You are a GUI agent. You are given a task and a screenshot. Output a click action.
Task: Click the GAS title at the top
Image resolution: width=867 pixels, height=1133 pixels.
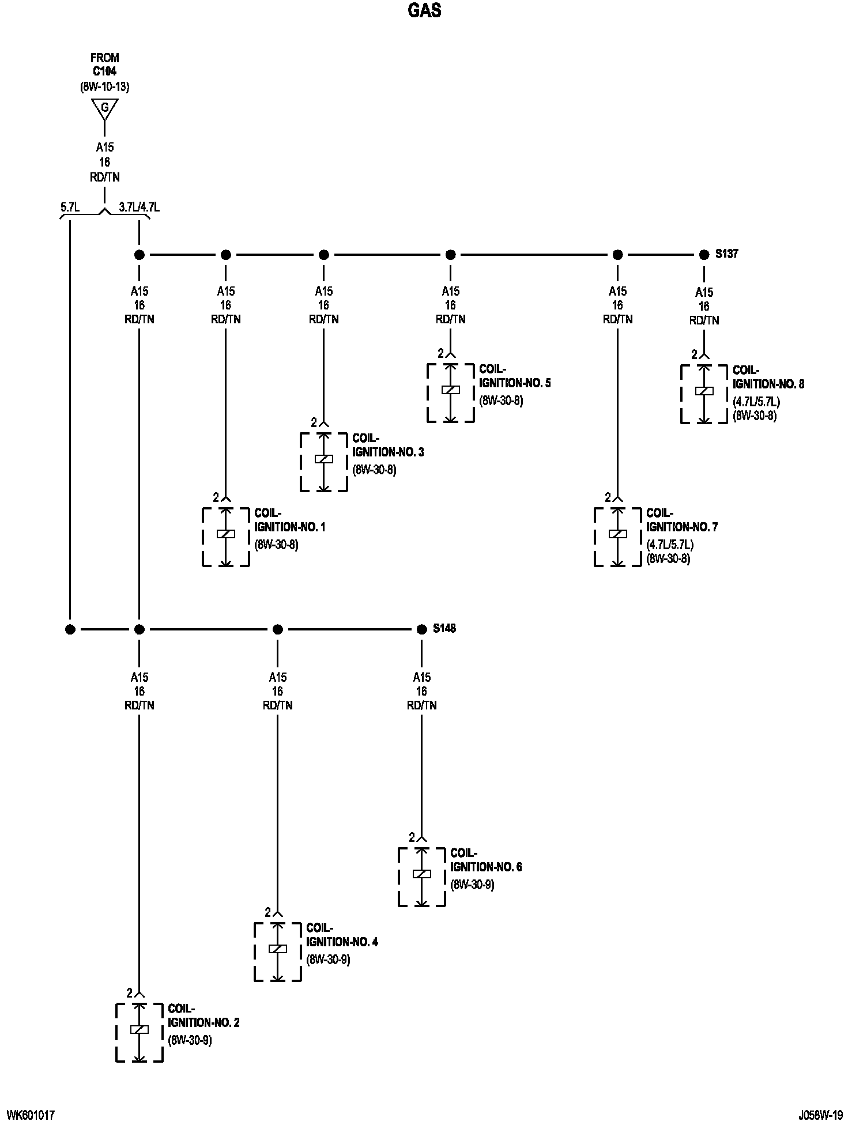click(x=425, y=11)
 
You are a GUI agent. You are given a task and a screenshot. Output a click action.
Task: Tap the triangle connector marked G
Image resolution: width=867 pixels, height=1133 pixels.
click(x=104, y=108)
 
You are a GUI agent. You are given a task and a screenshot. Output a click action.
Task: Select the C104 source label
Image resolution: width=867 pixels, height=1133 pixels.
click(x=104, y=73)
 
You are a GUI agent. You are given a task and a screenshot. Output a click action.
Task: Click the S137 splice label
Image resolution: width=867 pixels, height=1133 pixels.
click(x=726, y=254)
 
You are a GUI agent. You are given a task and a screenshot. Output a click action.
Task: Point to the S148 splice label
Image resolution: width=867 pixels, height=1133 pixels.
click(x=444, y=628)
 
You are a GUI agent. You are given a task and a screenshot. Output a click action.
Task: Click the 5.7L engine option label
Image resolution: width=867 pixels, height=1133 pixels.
click(x=70, y=207)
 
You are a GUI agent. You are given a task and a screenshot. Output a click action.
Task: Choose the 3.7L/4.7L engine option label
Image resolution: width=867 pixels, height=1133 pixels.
click(x=139, y=207)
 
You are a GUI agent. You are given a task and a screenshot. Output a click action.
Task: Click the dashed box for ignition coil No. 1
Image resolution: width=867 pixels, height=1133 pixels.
click(x=225, y=537)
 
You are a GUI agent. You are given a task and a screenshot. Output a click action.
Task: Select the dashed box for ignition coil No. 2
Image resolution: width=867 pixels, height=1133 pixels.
click(x=139, y=1032)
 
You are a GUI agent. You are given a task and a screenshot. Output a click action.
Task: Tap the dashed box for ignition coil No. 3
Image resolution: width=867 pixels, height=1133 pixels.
click(x=323, y=462)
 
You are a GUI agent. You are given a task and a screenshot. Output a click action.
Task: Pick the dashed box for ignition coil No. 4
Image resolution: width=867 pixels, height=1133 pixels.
click(x=277, y=951)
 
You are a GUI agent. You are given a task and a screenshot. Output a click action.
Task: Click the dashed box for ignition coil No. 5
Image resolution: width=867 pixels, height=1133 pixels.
click(x=450, y=392)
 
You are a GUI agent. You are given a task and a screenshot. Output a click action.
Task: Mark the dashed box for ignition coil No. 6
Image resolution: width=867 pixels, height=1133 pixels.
click(x=421, y=877)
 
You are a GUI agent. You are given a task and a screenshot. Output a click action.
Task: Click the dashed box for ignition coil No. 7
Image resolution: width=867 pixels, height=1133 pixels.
click(x=617, y=537)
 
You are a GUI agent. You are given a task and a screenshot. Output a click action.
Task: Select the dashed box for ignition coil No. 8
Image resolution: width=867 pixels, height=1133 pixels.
click(x=704, y=394)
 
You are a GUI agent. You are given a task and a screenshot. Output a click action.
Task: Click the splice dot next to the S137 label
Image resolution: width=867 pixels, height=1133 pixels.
click(x=704, y=255)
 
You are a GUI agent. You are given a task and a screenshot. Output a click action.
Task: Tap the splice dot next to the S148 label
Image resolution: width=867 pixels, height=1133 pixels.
click(x=421, y=629)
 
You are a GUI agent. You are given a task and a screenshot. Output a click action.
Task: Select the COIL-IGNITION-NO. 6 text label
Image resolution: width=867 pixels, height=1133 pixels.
click(x=485, y=860)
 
